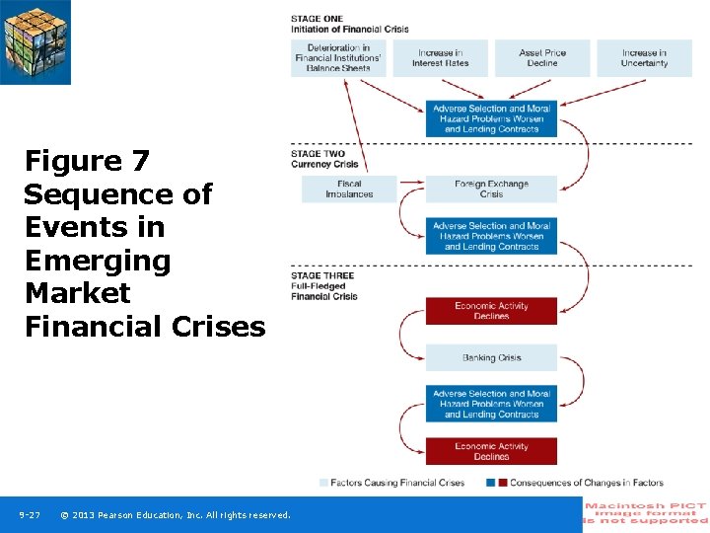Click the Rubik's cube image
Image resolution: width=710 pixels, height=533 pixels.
tap(35, 41)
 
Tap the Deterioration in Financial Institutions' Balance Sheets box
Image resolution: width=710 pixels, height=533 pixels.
tap(338, 57)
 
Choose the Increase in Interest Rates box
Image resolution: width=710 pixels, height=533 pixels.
tap(440, 58)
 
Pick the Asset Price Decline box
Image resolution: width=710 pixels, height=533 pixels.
tap(541, 58)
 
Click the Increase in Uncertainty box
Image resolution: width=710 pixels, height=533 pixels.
tap(644, 58)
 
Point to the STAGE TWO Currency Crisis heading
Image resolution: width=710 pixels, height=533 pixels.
tap(324, 159)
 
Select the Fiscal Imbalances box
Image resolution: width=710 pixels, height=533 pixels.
tap(349, 190)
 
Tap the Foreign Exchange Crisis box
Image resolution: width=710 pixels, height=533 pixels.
tap(491, 190)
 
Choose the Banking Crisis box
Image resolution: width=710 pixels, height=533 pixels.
tap(491, 357)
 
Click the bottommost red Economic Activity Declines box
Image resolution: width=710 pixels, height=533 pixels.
tap(491, 451)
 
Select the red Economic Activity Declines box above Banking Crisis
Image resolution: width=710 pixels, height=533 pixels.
tap(491, 311)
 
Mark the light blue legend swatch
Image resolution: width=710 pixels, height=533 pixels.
tap(323, 483)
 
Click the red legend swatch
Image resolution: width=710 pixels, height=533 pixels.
tap(503, 483)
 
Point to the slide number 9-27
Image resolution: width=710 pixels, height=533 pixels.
tap(30, 515)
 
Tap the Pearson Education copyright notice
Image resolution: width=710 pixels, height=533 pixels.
tap(176, 515)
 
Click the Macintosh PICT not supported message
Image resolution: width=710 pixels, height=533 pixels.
tap(646, 514)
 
